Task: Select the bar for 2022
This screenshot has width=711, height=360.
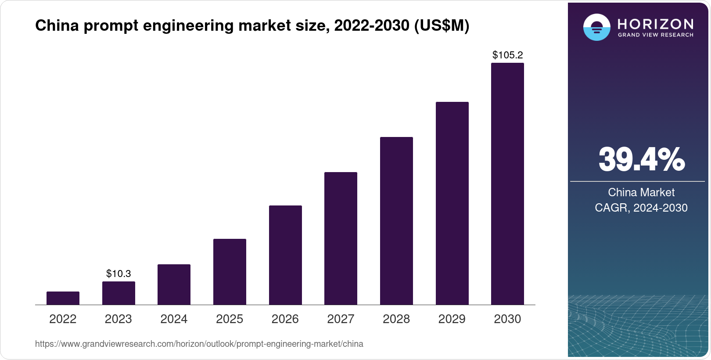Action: [63, 298]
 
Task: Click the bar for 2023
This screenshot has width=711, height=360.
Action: [118, 293]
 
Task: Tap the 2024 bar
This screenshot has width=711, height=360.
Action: [174, 284]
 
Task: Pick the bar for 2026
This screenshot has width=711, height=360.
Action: [285, 255]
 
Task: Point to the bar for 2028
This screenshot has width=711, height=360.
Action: [396, 221]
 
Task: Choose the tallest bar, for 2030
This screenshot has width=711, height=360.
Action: [507, 184]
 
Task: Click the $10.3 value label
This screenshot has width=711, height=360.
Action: [118, 274]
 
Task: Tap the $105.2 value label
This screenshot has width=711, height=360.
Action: [507, 55]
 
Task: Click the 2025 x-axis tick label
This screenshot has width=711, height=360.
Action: [230, 319]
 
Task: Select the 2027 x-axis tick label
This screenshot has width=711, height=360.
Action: [341, 319]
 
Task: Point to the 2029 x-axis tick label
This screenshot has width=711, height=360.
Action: [452, 319]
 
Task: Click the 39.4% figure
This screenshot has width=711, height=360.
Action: [641, 160]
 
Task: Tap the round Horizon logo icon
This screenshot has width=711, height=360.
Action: [596, 27]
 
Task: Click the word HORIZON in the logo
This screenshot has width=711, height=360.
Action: [655, 24]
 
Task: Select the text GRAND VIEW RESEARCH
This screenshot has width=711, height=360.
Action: [655, 35]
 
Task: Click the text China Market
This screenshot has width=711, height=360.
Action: [641, 192]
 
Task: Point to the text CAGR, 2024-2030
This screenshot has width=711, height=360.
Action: [641, 208]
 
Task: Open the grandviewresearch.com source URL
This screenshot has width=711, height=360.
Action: [199, 344]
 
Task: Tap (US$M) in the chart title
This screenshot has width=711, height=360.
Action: [442, 26]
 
